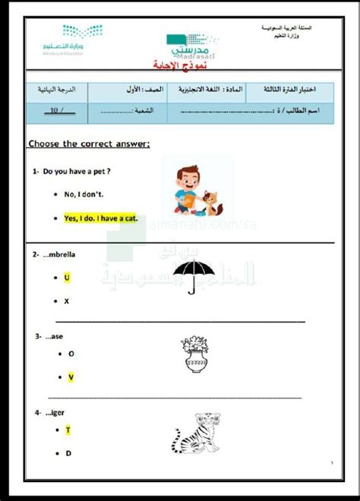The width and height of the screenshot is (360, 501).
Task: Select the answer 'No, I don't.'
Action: (83, 195)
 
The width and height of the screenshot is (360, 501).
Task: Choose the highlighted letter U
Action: (67, 277)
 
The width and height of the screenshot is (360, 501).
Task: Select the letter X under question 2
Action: (67, 301)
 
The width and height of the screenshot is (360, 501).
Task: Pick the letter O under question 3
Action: (71, 354)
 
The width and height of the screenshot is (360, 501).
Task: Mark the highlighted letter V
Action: (71, 377)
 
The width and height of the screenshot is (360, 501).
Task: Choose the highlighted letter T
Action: (68, 430)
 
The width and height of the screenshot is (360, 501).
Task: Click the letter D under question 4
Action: (68, 454)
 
